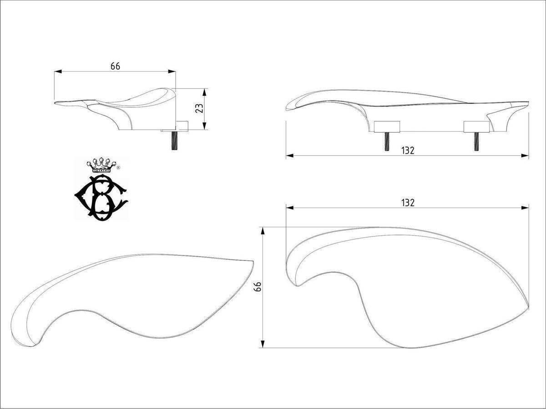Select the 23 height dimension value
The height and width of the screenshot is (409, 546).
[x=199, y=108]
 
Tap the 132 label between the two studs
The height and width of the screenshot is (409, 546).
[x=408, y=150]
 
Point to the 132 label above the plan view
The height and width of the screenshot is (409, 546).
[x=408, y=203]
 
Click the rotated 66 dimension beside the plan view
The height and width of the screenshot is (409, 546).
[x=258, y=287]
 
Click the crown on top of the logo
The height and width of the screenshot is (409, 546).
[x=101, y=165]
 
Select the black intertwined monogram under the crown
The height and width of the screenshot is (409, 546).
[x=101, y=197]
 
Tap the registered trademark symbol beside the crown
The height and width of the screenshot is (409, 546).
[x=118, y=168]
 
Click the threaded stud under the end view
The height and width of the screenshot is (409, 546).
[x=174, y=141]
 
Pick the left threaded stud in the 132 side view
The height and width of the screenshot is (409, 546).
[x=387, y=141]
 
